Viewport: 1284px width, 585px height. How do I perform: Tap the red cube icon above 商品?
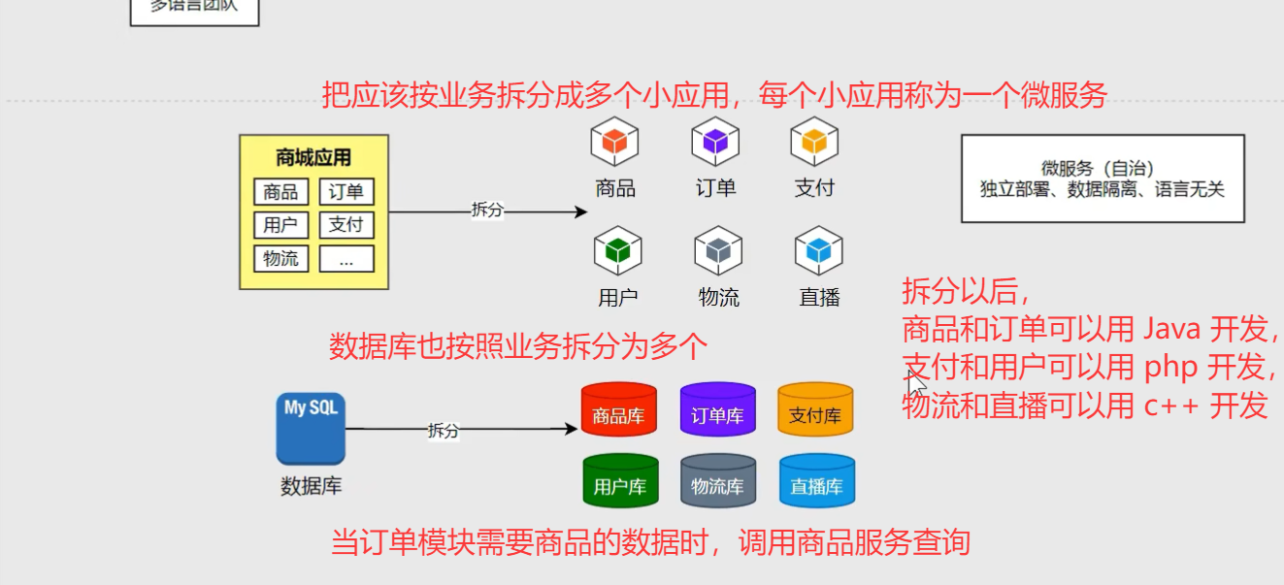[x=615, y=142]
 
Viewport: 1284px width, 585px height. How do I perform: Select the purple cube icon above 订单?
[x=715, y=142]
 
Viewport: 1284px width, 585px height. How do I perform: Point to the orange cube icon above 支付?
[x=814, y=142]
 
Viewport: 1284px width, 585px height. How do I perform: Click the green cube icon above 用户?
[x=618, y=250]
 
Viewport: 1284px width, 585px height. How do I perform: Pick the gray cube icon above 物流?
[x=718, y=250]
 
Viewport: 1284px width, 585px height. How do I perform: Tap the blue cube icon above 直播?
[x=818, y=250]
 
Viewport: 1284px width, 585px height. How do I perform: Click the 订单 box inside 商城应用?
[x=346, y=192]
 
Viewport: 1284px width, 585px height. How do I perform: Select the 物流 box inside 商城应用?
[x=280, y=259]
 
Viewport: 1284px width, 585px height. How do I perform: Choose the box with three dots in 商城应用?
[x=346, y=259]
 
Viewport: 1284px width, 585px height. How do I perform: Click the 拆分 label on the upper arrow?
[x=487, y=210]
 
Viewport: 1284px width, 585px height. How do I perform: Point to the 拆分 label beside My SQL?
[x=443, y=431]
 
